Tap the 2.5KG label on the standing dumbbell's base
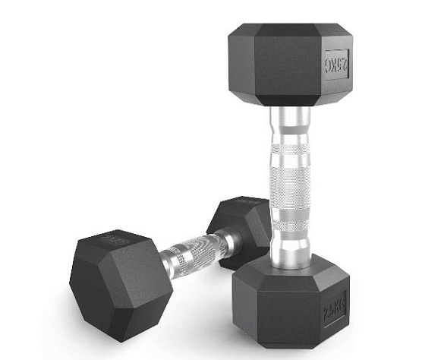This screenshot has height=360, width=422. tap(334, 308)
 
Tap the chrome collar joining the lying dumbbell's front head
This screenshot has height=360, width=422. tap(168, 262)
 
